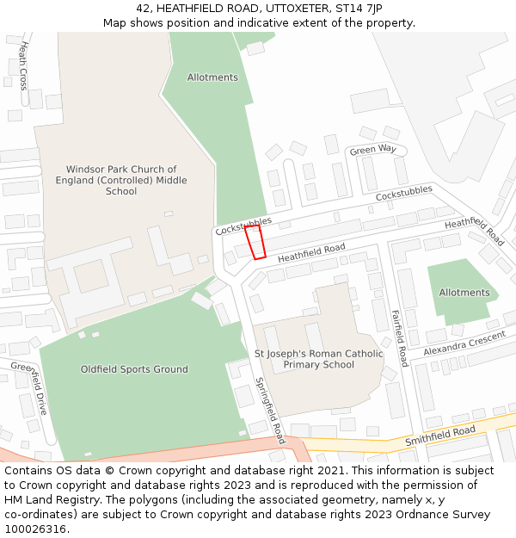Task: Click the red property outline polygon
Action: click(255, 242)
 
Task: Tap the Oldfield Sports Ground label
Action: click(134, 369)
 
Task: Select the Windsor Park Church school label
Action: click(121, 181)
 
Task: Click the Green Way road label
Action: click(372, 150)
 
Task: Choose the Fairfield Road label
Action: click(399, 338)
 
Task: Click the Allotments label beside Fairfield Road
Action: click(464, 293)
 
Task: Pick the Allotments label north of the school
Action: click(212, 77)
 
